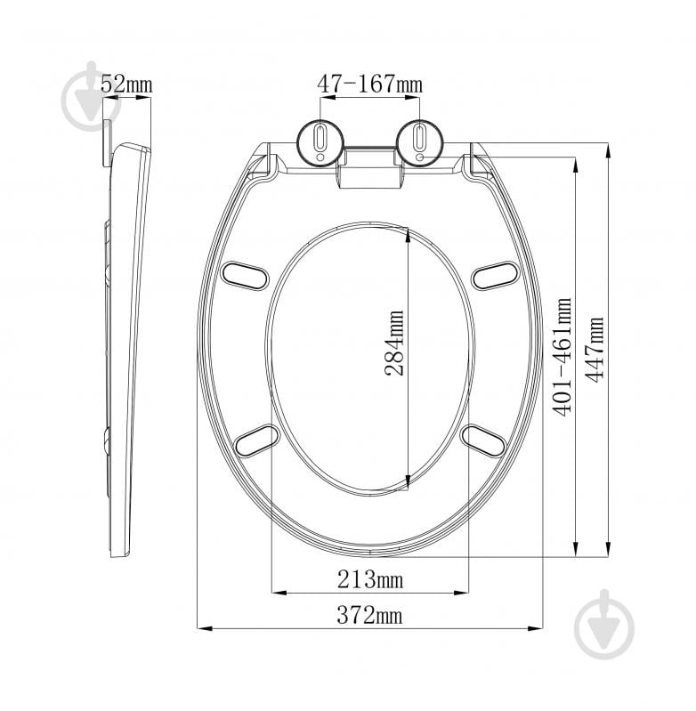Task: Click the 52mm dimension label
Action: [126, 85]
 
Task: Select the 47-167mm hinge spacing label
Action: [369, 85]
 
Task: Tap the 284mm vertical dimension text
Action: [394, 343]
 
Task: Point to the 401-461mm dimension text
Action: [562, 357]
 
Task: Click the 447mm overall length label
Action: [594, 349]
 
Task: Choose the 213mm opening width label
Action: [370, 579]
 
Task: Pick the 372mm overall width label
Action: [369, 615]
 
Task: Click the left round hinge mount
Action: [320, 141]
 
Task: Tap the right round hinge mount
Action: [420, 141]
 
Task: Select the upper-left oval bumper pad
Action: [245, 276]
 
